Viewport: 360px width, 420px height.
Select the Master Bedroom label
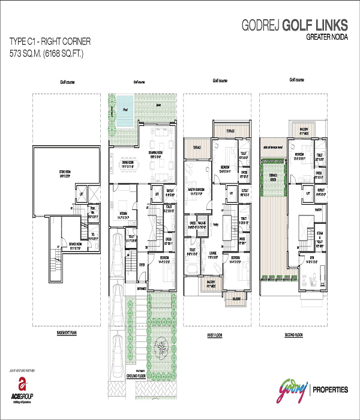click(x=197, y=191)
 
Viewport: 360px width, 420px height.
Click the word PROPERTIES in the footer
click(x=329, y=389)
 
